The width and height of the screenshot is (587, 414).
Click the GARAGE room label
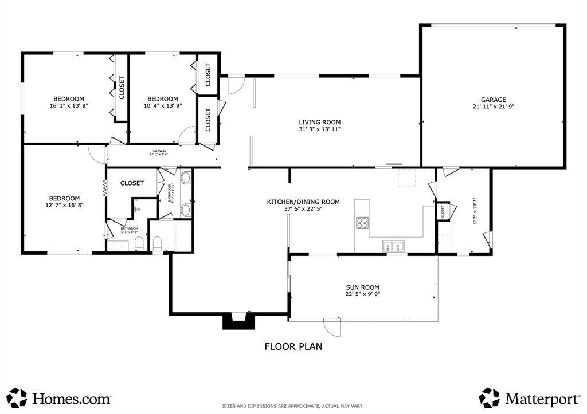493,100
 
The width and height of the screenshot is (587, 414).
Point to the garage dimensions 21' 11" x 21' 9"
493,107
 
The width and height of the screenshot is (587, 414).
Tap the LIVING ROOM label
319,122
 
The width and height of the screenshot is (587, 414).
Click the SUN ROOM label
362,287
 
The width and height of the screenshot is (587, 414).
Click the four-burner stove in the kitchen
362,223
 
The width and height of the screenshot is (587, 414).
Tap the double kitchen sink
394,247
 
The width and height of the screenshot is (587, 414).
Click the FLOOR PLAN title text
293,346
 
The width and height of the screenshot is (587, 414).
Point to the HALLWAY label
159,151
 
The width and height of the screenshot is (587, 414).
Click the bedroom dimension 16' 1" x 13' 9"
69,105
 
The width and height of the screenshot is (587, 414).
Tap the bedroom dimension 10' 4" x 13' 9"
162,105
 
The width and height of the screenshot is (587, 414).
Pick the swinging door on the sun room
332,328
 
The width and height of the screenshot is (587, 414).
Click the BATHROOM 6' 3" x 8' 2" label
128,230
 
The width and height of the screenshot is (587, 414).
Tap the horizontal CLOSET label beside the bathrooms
132,183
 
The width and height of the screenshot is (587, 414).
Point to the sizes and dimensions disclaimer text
293,406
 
